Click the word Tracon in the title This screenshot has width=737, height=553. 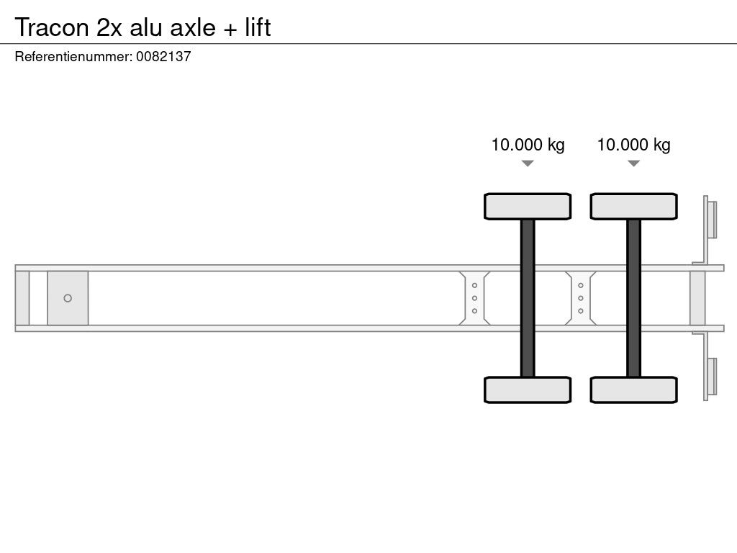pyautogui.click(x=52, y=27)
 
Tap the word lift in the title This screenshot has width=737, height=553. pyautogui.click(x=258, y=27)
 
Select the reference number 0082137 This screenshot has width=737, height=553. pyautogui.click(x=163, y=56)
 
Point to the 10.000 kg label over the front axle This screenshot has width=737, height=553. pyautogui.click(x=528, y=144)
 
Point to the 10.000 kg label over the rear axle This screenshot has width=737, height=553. pyautogui.click(x=633, y=144)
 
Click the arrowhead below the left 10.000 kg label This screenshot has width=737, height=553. pyautogui.click(x=528, y=163)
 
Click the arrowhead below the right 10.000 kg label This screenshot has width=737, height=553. pyautogui.click(x=633, y=163)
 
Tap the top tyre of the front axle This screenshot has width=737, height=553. pyautogui.click(x=528, y=207)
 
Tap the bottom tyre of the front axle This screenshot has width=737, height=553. pyautogui.click(x=528, y=390)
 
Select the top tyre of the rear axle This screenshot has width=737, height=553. pyautogui.click(x=633, y=207)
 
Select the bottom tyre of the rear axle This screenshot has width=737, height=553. pyautogui.click(x=633, y=390)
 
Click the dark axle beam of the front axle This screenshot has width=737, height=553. pyautogui.click(x=528, y=298)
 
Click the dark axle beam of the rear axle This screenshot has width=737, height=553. pyautogui.click(x=633, y=298)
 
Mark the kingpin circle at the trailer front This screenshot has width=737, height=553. pyautogui.click(x=68, y=298)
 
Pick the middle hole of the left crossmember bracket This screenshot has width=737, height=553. pyautogui.click(x=475, y=298)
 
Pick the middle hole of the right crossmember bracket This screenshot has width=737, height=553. pyautogui.click(x=581, y=298)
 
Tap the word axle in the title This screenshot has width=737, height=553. pyautogui.click(x=193, y=28)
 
